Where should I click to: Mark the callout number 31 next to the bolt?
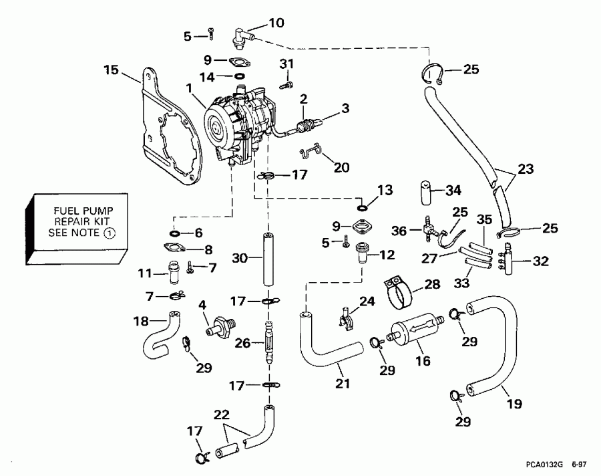tap(286, 64)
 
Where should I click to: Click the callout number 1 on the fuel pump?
tap(190, 87)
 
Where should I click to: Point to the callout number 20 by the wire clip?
tap(341, 168)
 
